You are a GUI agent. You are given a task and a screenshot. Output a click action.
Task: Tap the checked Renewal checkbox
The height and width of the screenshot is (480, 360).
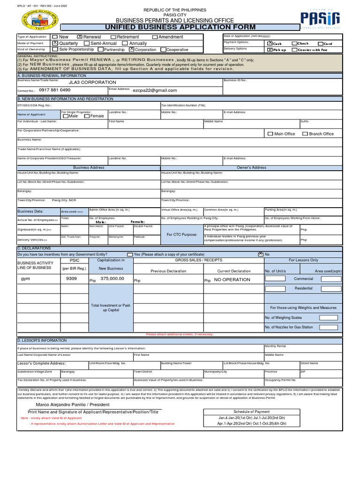pos(80,37)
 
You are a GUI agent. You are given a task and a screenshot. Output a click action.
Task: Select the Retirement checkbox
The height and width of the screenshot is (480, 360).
pos(113,37)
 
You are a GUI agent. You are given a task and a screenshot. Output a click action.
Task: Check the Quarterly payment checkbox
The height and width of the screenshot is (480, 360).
pos(55,43)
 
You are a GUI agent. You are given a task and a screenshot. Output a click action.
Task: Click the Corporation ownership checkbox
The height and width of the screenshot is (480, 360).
pos(131,49)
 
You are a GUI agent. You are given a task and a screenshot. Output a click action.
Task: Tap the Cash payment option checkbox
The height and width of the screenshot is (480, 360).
pos(270,43)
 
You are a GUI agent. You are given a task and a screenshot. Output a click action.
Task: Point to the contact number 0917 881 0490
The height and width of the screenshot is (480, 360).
pos(55,90)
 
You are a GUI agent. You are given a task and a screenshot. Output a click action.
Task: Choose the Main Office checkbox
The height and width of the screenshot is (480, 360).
pos(270,134)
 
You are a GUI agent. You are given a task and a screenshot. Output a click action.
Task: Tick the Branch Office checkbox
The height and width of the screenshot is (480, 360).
pos(305,134)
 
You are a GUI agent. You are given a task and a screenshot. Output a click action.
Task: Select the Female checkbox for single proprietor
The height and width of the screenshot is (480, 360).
pos(87,116)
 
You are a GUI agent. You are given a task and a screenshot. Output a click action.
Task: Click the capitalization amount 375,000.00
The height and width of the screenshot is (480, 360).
pos(113,278)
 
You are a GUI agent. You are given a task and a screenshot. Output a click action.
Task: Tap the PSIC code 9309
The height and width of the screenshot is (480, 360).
pos(72,278)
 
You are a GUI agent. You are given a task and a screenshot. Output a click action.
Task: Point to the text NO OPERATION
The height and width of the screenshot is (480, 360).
pos(232,280)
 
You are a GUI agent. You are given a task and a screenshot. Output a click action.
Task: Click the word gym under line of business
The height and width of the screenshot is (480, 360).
pos(25,278)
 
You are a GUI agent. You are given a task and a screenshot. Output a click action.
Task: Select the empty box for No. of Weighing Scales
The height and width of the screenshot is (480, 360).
pos(328,317)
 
